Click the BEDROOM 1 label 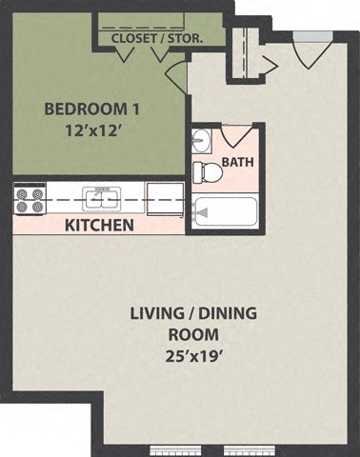82,108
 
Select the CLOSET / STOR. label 157,38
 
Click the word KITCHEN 98,226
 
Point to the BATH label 237,163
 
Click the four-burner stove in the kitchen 28,200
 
